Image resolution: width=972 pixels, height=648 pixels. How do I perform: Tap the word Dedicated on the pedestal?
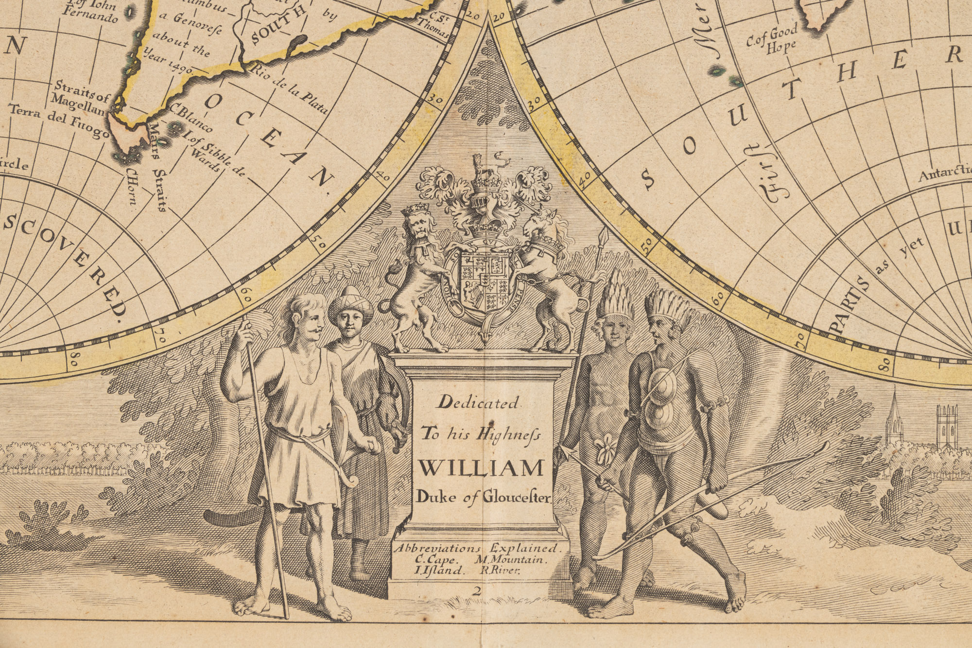tap(479, 403)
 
